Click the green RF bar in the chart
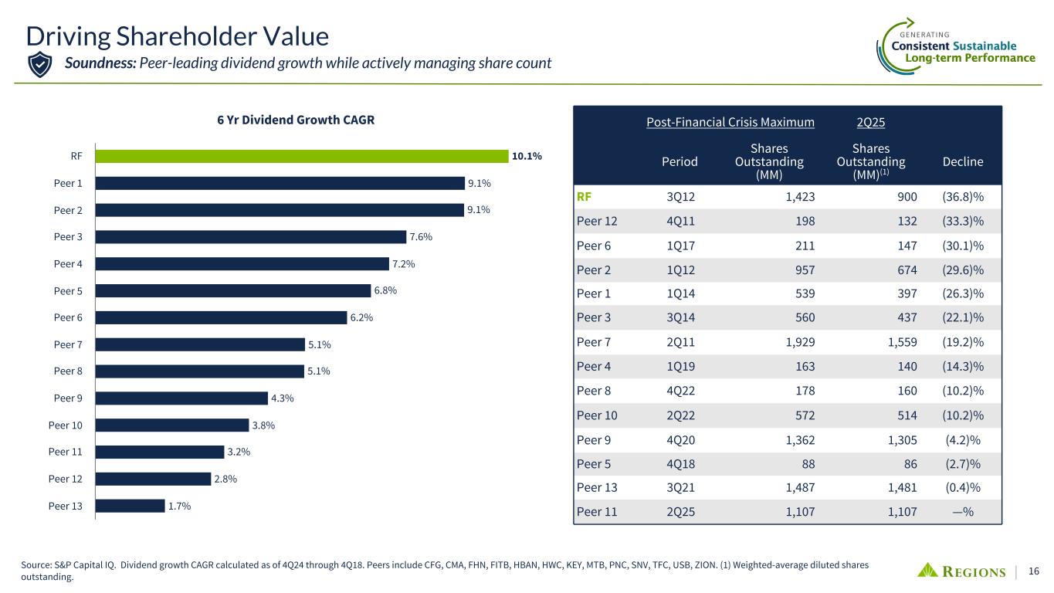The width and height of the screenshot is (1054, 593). pyautogui.click(x=301, y=156)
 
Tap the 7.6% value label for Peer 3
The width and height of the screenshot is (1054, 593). pyautogui.click(x=422, y=237)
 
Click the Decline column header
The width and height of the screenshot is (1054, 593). pyautogui.click(x=963, y=161)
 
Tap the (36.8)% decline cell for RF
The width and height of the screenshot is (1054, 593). pyautogui.click(x=962, y=196)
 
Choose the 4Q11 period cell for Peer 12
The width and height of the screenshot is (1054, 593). pyautogui.click(x=681, y=221)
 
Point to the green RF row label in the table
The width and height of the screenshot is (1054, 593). pyautogui.click(x=585, y=196)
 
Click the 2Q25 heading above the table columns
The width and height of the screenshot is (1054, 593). pyautogui.click(x=871, y=122)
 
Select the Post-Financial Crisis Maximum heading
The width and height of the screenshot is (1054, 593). pyautogui.click(x=730, y=122)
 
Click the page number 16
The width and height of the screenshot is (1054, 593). pyautogui.click(x=1034, y=571)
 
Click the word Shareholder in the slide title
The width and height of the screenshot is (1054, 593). pyautogui.click(x=193, y=36)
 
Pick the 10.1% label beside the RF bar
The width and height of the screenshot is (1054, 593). pyautogui.click(x=527, y=156)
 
